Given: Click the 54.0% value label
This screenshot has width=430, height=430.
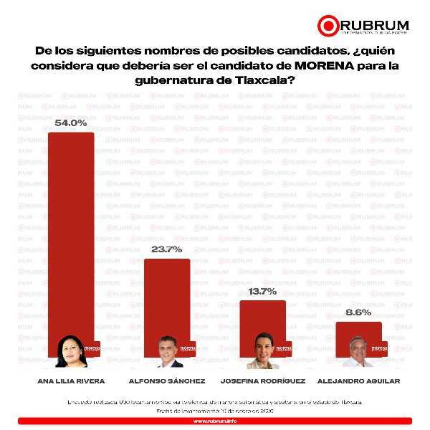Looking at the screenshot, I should [71, 123].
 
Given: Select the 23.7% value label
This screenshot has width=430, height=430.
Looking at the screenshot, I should [167, 249].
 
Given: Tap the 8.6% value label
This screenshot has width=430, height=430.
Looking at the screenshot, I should [358, 313].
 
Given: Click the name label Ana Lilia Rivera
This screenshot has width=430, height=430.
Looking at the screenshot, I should [70, 381].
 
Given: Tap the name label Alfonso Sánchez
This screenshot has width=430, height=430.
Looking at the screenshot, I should [166, 381].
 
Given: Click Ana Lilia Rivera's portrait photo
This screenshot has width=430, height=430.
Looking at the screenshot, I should [71, 351].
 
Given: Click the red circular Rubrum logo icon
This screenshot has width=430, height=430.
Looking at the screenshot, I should [328, 26].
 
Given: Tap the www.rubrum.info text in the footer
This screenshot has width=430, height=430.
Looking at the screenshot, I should [214, 421].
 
